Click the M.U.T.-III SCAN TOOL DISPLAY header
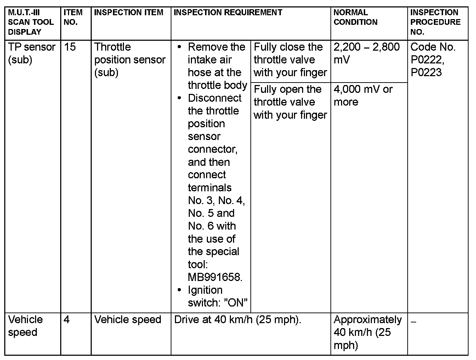(x=31, y=22)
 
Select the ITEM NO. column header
(x=73, y=17)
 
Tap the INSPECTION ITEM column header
(x=129, y=12)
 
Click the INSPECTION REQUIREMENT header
(x=228, y=12)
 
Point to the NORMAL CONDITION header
(x=356, y=17)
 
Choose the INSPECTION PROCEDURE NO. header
(x=435, y=22)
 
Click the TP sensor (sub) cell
(x=32, y=53)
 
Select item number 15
(x=70, y=47)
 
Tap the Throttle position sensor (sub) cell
(x=130, y=60)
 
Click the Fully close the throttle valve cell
(x=290, y=60)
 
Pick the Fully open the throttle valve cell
(x=290, y=102)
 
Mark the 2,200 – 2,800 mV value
(x=367, y=53)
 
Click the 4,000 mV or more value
(x=363, y=95)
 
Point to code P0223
(x=426, y=73)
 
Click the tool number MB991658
(x=215, y=277)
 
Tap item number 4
(x=67, y=320)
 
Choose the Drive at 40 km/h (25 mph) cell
(x=238, y=320)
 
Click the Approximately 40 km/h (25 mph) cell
(x=367, y=332)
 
